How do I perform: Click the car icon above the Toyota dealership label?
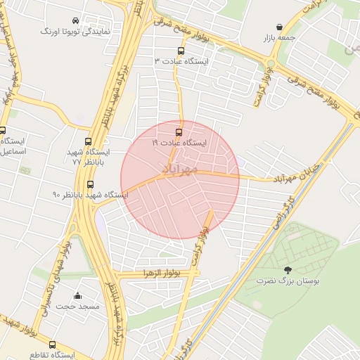coord(76,20)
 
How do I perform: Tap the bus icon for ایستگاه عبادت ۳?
coord(181,51)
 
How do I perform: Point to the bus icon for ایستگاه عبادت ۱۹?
coord(179,131)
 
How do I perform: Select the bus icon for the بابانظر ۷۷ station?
coord(88,142)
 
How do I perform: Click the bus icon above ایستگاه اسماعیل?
coord(3,130)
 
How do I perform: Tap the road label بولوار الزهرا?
coord(162,272)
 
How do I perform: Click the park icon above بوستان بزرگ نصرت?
coord(287,270)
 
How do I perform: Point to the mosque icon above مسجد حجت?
coord(77,296)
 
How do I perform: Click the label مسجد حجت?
coord(78,307)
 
